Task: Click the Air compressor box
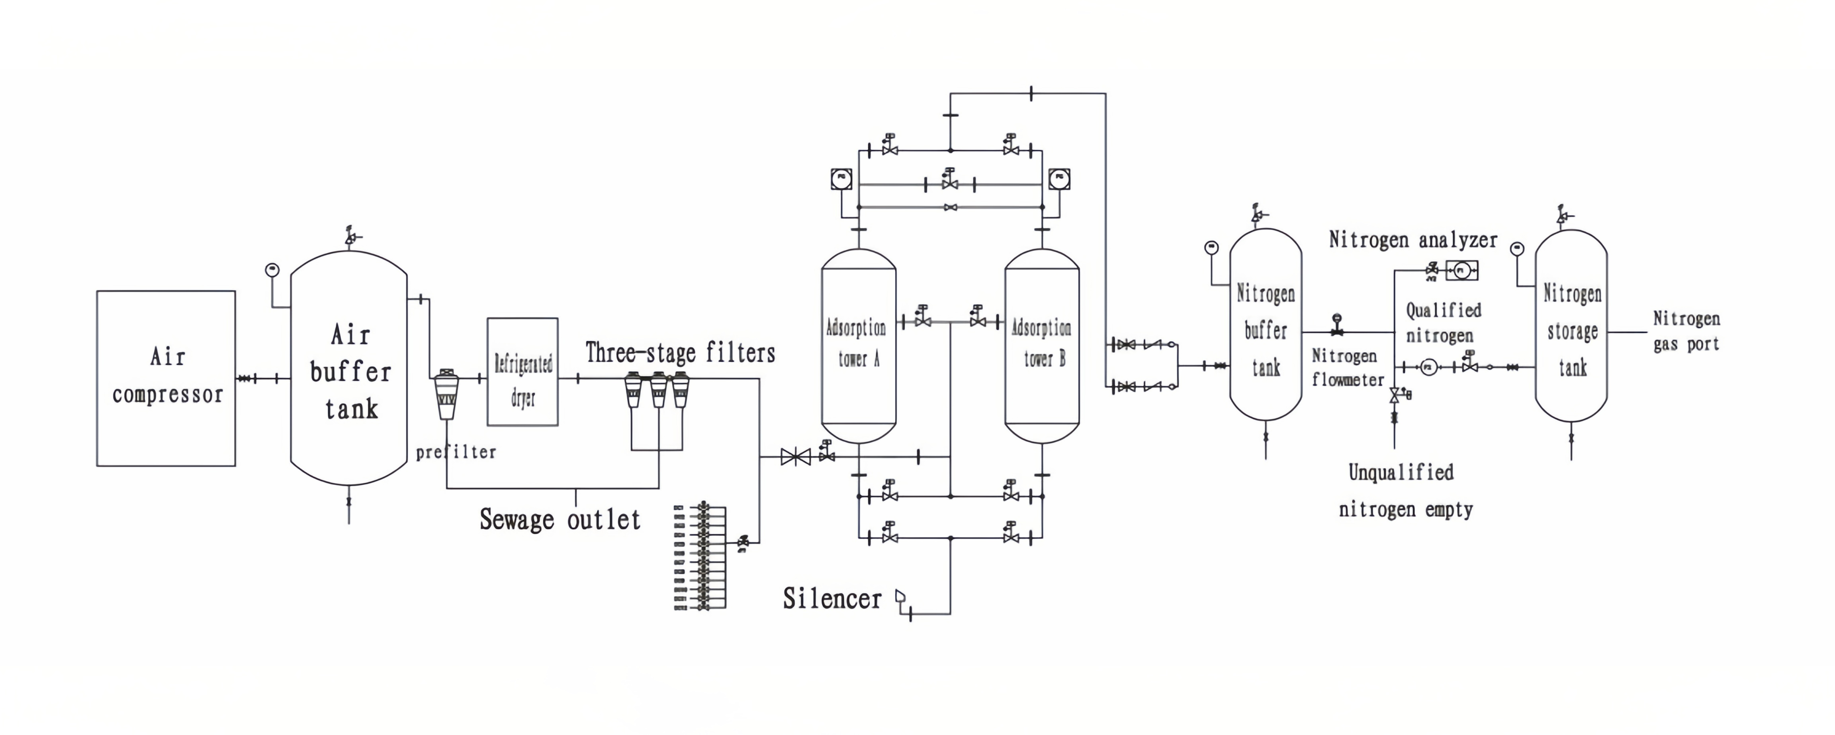(166, 378)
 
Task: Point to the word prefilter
(456, 452)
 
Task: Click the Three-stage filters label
(680, 353)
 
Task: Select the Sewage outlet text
(560, 520)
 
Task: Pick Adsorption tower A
(859, 345)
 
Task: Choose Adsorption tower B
(1041, 345)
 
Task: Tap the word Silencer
(832, 599)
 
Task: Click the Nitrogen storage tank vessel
(1571, 325)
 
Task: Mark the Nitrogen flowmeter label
(1347, 368)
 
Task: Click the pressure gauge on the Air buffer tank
(272, 270)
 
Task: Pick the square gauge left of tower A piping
(841, 178)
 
